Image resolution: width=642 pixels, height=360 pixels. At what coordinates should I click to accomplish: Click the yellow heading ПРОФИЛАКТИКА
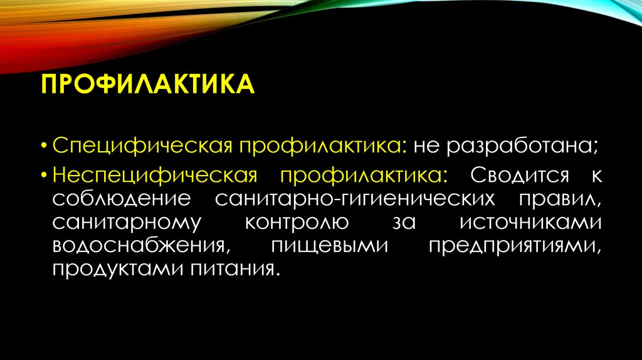148,84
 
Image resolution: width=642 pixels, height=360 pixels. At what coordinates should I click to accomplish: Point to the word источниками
530,223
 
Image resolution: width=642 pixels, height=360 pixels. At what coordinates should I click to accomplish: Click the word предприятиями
515,246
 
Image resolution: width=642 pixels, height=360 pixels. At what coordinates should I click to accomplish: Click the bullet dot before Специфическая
46,146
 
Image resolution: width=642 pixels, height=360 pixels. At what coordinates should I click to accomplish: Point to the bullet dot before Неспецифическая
46,176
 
